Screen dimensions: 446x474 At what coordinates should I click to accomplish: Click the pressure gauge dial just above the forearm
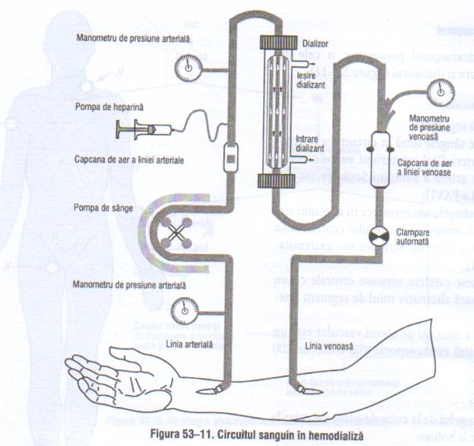[x=183, y=311]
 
